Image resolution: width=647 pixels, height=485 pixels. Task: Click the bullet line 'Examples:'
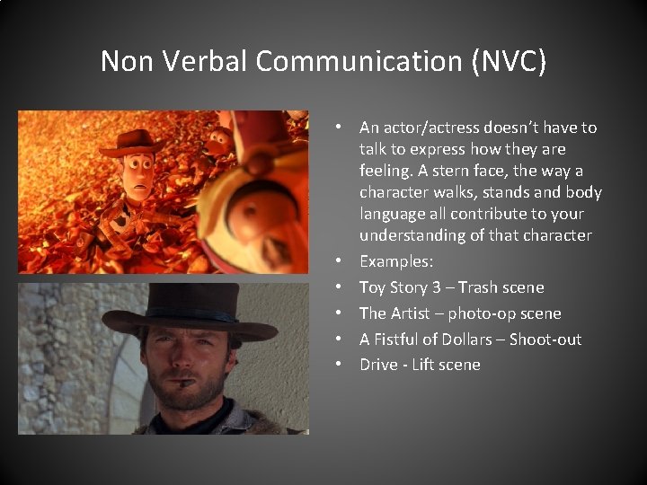[x=396, y=261]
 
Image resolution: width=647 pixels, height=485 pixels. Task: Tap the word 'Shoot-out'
[x=547, y=339]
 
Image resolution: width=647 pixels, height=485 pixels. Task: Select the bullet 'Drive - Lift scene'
[x=420, y=365]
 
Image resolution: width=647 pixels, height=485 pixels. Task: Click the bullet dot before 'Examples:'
[x=346, y=261]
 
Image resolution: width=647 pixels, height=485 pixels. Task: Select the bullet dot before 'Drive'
[x=346, y=365]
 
